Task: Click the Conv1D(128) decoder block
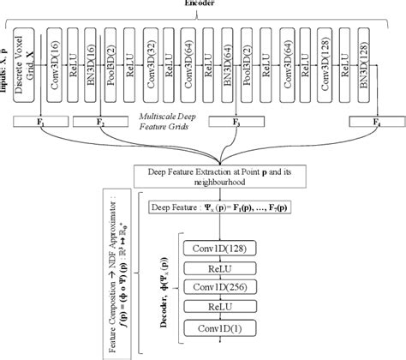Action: [220, 248]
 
